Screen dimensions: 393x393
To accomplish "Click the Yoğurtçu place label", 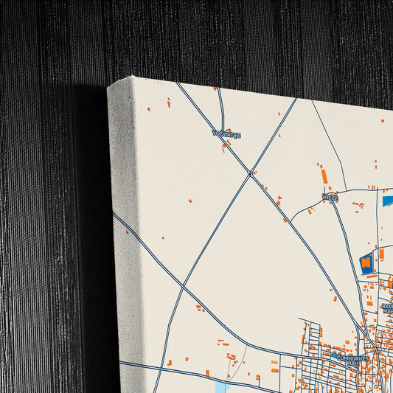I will tap(226, 133).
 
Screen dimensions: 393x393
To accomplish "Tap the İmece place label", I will tap(330, 197).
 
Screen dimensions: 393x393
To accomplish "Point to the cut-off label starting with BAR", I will tap(387, 307).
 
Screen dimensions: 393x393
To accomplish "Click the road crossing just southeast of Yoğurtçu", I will tap(251, 174).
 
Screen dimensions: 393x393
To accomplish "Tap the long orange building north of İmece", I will tap(324, 176).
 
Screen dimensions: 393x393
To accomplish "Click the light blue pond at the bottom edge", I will tap(220, 387).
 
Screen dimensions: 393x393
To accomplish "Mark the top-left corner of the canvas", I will tap(108, 85).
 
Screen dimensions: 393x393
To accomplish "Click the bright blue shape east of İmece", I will tap(388, 200).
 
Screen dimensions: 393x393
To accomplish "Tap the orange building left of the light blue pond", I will tap(207, 373).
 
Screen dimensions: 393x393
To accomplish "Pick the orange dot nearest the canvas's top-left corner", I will tap(147, 109).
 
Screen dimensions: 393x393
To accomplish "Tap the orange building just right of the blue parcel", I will tap(381, 254).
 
